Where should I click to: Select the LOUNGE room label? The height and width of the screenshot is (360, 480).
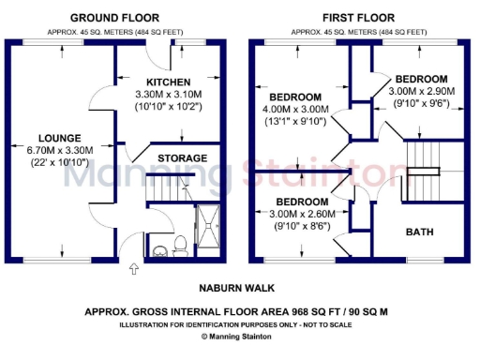(60, 138)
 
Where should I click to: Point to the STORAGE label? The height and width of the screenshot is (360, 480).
(182, 157)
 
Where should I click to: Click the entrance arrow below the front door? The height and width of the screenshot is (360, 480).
(133, 270)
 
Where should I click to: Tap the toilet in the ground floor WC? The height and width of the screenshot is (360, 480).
(159, 247)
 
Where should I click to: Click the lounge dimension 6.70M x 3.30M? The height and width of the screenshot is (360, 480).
(60, 150)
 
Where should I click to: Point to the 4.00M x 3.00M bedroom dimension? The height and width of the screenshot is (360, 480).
(295, 109)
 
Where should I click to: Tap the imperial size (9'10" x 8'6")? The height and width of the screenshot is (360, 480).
(301, 226)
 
